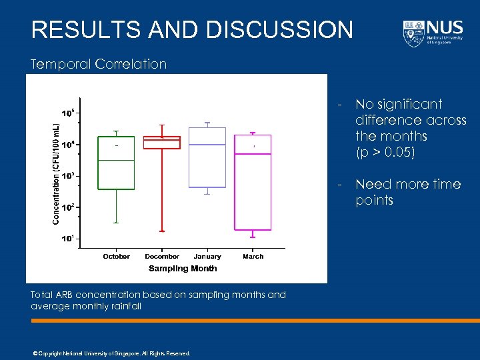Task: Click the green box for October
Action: (x=117, y=163)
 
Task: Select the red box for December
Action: (x=162, y=143)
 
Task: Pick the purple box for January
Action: (x=207, y=157)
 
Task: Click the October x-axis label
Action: (x=117, y=256)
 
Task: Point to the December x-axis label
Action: (x=162, y=256)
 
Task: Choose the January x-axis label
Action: (x=207, y=256)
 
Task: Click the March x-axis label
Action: (x=253, y=256)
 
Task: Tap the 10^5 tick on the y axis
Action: (x=67, y=113)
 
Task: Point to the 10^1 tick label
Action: (x=67, y=239)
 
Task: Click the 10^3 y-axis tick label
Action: (x=67, y=176)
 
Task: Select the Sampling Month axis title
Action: (x=183, y=269)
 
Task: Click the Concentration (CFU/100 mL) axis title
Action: (x=56, y=172)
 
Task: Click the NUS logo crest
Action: (x=413, y=33)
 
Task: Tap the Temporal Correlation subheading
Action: (x=99, y=64)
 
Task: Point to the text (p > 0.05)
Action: (x=385, y=152)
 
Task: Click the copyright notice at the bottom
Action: (x=111, y=353)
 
